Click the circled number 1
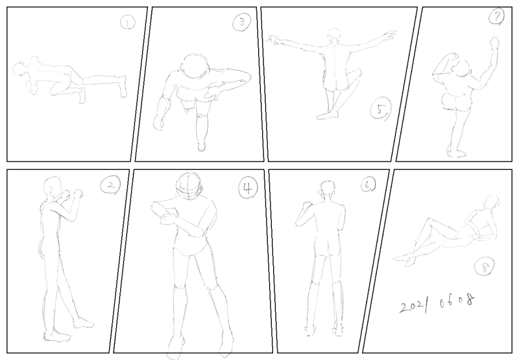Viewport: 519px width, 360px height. tap(127, 23)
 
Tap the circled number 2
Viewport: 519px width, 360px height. tap(110, 186)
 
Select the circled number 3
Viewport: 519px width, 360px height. tap(241, 22)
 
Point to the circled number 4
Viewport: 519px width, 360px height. tap(248, 188)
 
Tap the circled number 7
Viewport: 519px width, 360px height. tap(497, 17)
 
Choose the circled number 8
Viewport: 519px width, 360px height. tap(485, 267)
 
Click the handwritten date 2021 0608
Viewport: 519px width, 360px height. tap(437, 304)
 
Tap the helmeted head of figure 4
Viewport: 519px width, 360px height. tap(189, 186)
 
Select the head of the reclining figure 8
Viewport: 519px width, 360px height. tap(492, 202)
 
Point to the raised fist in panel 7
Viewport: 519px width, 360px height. tap(494, 42)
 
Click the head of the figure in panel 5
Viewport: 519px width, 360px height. tap(335, 34)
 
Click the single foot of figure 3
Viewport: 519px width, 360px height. tap(201, 146)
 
